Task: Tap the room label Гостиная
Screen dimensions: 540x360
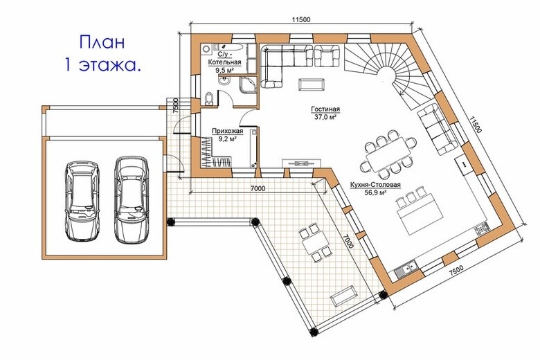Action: click(x=325, y=109)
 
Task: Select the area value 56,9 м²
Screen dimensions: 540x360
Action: click(x=375, y=192)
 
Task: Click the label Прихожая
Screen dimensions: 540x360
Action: click(x=227, y=132)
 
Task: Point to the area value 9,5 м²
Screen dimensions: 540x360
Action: click(x=224, y=70)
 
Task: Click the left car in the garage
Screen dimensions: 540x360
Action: click(x=82, y=201)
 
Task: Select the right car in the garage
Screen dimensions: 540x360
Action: click(x=132, y=200)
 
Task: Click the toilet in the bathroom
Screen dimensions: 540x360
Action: click(x=209, y=98)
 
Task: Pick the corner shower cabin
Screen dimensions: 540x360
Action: click(x=249, y=84)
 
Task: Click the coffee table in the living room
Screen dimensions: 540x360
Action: click(x=312, y=84)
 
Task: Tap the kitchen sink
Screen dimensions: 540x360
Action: click(x=406, y=269)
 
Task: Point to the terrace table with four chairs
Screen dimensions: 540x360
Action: click(x=314, y=242)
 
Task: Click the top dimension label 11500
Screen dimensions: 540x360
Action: click(x=301, y=19)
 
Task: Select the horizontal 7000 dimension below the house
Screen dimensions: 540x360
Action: click(x=258, y=188)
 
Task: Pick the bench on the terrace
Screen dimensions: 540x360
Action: click(x=343, y=295)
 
